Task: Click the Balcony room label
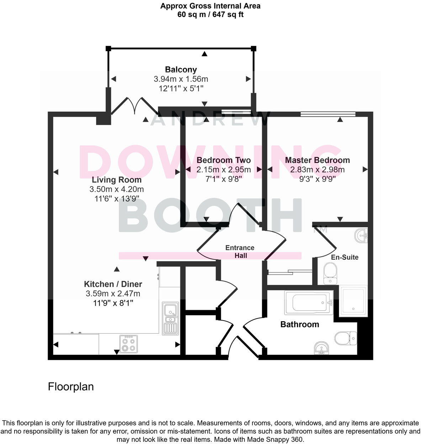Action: pyautogui.click(x=181, y=70)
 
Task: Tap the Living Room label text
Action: pyautogui.click(x=117, y=180)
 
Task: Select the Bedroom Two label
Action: pyautogui.click(x=223, y=160)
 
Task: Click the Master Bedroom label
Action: pyautogui.click(x=317, y=160)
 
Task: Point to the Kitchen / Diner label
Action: pyautogui.click(x=113, y=284)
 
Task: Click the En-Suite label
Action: pyautogui.click(x=345, y=257)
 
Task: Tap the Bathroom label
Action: pyautogui.click(x=299, y=324)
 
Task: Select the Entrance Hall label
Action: pyautogui.click(x=240, y=252)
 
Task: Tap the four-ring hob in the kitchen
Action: pyautogui.click(x=128, y=344)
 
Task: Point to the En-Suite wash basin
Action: pyautogui.click(x=361, y=236)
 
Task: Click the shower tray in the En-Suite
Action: pyautogui.click(x=352, y=301)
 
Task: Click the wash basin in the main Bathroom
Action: pyautogui.click(x=322, y=348)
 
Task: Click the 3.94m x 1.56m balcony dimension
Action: pyautogui.click(x=181, y=79)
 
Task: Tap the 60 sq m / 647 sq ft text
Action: pyautogui.click(x=210, y=15)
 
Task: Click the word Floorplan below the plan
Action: pyautogui.click(x=71, y=386)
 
